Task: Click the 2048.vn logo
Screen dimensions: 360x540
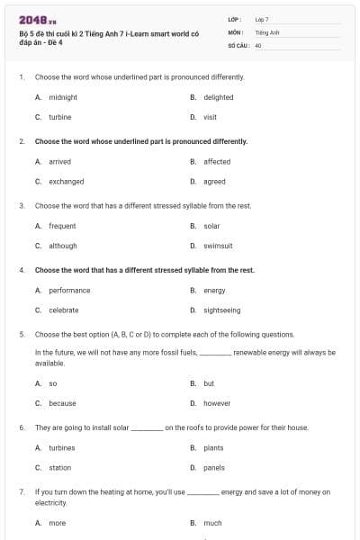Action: click(37, 20)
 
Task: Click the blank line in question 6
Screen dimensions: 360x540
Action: click(148, 428)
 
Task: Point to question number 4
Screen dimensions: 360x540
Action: click(22, 270)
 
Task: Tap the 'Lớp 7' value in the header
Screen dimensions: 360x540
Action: click(262, 18)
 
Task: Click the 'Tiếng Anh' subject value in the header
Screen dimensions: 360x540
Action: click(267, 31)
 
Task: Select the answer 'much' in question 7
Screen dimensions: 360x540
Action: click(212, 522)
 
